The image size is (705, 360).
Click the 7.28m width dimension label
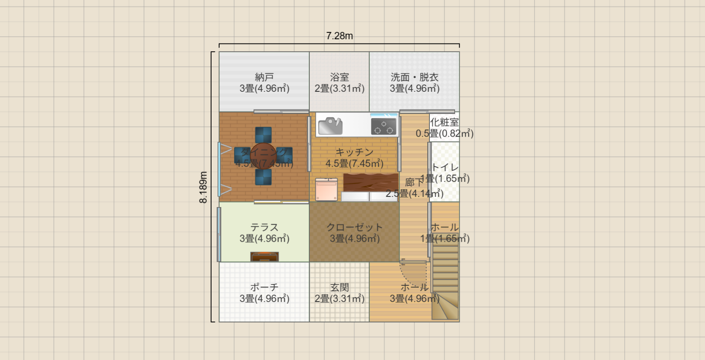pyautogui.click(x=339, y=36)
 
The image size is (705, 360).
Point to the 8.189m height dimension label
pyautogui.click(x=203, y=187)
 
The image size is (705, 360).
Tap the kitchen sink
pyautogui.click(x=330, y=126)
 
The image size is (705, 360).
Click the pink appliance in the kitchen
pyautogui.click(x=326, y=190)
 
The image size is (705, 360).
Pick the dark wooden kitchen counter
pyautogui.click(x=370, y=182)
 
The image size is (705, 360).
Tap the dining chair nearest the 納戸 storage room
pyautogui.click(x=263, y=135)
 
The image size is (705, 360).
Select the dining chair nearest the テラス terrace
pyautogui.click(x=263, y=177)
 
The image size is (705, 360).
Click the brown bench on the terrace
pyautogui.click(x=264, y=257)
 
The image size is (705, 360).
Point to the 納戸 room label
pyautogui.click(x=264, y=77)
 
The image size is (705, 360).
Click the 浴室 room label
pyautogui.click(x=339, y=77)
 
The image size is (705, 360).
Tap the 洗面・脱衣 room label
pyautogui.click(x=414, y=77)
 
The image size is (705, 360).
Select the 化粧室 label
pyautogui.click(x=444, y=122)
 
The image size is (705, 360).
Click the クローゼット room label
pyautogui.click(x=354, y=227)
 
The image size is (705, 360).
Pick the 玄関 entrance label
pyautogui.click(x=339, y=287)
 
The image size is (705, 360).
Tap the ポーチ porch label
pyautogui.click(x=264, y=287)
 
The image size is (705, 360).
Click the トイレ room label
pyautogui.click(x=445, y=167)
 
